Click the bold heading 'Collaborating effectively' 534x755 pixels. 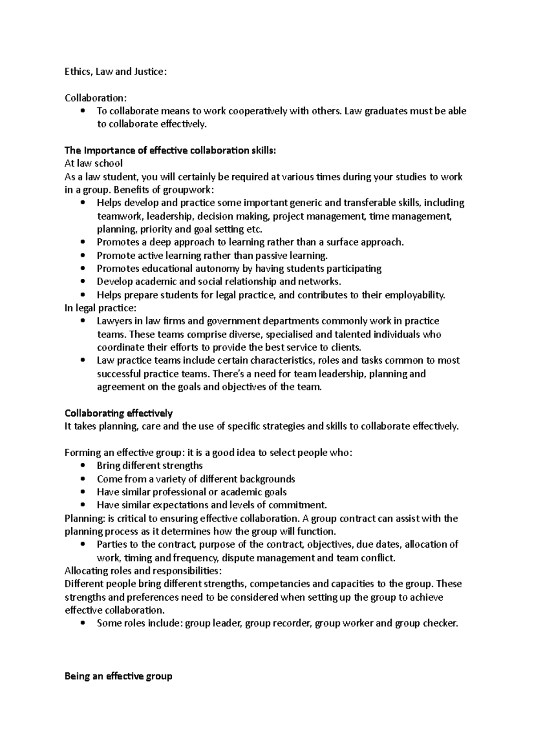[118, 414]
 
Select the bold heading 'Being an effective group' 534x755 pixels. [118, 677]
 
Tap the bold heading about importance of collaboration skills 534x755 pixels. [170, 151]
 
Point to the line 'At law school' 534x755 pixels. [93, 164]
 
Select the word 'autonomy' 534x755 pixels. [220, 269]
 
